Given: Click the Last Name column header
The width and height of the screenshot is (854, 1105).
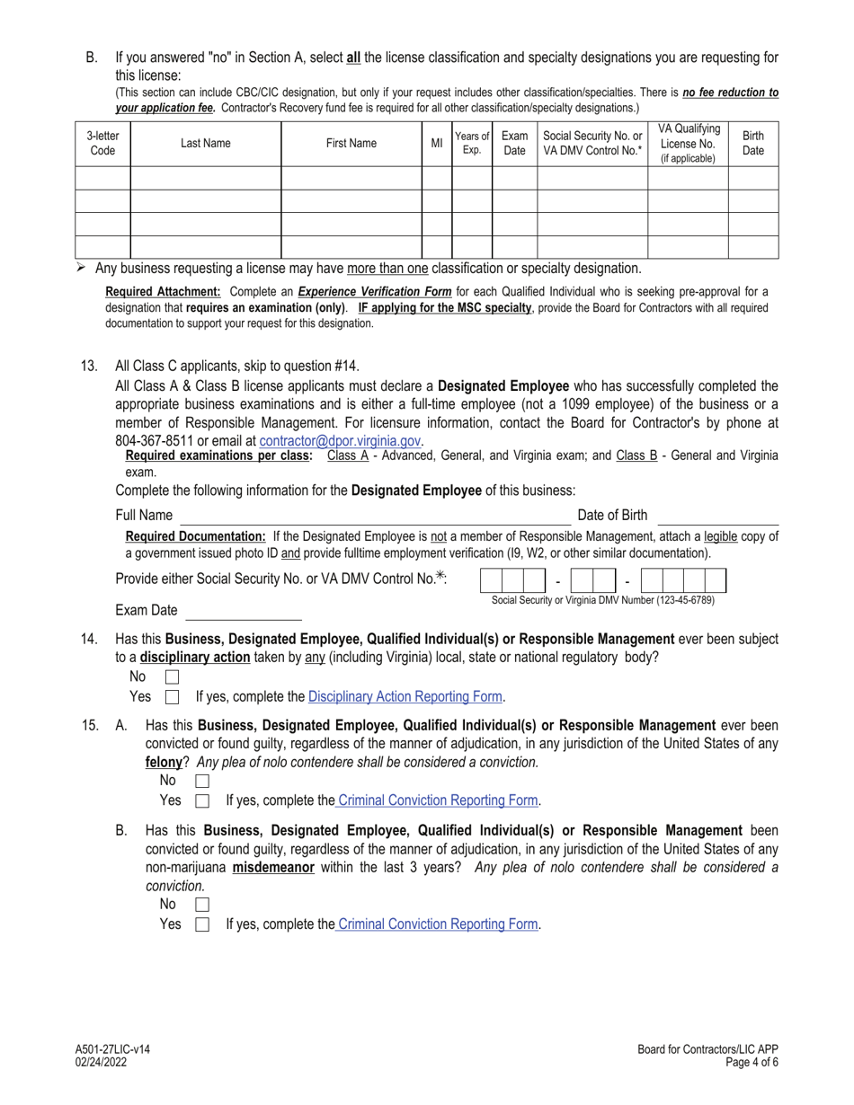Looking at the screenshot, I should coord(205,144).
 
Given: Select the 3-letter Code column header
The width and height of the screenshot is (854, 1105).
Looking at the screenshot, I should coord(102,144).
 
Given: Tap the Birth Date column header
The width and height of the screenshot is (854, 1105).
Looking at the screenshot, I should coord(752,144).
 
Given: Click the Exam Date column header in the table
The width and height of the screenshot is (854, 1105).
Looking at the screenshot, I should coord(514,144).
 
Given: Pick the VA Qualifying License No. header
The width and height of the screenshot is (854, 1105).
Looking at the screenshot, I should coord(688,144).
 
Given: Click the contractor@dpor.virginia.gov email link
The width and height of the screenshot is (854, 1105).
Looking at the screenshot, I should coord(340,441).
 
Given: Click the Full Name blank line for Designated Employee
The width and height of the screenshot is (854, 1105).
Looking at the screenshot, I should coord(375,517).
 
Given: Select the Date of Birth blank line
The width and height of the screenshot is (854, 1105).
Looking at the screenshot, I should coord(717,517).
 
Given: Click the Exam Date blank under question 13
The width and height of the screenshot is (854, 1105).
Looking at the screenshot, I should coord(243,612).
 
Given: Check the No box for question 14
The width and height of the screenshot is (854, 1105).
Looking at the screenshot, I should coord(173,676).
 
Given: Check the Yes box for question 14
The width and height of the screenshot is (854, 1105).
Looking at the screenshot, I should coord(173,697).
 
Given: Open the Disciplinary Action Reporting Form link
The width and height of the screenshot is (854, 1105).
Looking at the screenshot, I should coord(405,697).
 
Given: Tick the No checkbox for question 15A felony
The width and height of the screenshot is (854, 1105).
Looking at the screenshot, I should coord(202,782).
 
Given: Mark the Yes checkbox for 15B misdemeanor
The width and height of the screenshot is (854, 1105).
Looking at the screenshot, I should coord(202,924).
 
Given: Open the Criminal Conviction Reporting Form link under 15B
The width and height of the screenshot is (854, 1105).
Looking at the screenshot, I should coord(438,924).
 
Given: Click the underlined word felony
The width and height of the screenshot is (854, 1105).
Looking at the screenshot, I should coord(164,762).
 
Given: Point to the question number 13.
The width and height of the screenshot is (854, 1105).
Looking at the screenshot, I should coord(89,366).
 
